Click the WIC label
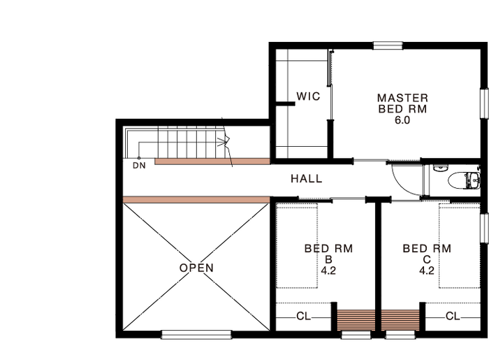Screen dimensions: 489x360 coord(308,96)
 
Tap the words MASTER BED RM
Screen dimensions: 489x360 coord(402,103)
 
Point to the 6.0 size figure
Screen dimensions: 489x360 coord(402,120)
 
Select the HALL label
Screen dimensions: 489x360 coord(306,179)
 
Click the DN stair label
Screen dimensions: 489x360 coord(139,166)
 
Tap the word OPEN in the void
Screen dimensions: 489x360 coord(196,268)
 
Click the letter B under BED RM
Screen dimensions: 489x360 coord(328,259)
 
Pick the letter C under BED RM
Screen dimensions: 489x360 coord(427,259)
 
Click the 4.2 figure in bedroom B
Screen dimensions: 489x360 coord(328,271)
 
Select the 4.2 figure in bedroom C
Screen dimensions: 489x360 coord(427,271)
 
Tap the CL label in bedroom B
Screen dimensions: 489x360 coord(303,317)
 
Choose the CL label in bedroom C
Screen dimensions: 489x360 coord(453,317)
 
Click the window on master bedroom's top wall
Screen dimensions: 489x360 coord(388,46)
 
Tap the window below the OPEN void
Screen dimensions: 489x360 coord(196,335)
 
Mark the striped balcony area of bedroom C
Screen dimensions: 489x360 coord(400,320)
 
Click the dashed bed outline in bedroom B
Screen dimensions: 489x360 coord(297,246)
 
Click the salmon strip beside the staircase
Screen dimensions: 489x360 coord(212,161)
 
